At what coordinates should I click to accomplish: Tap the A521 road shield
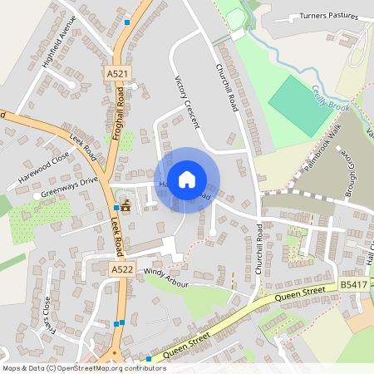pos(118,74)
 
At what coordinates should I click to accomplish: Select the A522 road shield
pos(122,269)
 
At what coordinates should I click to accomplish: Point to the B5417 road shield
pos(353,285)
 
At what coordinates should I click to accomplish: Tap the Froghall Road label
pos(119,113)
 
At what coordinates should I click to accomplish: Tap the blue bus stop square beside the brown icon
pos(116,207)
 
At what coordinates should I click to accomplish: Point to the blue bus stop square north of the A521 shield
pos(126,21)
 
